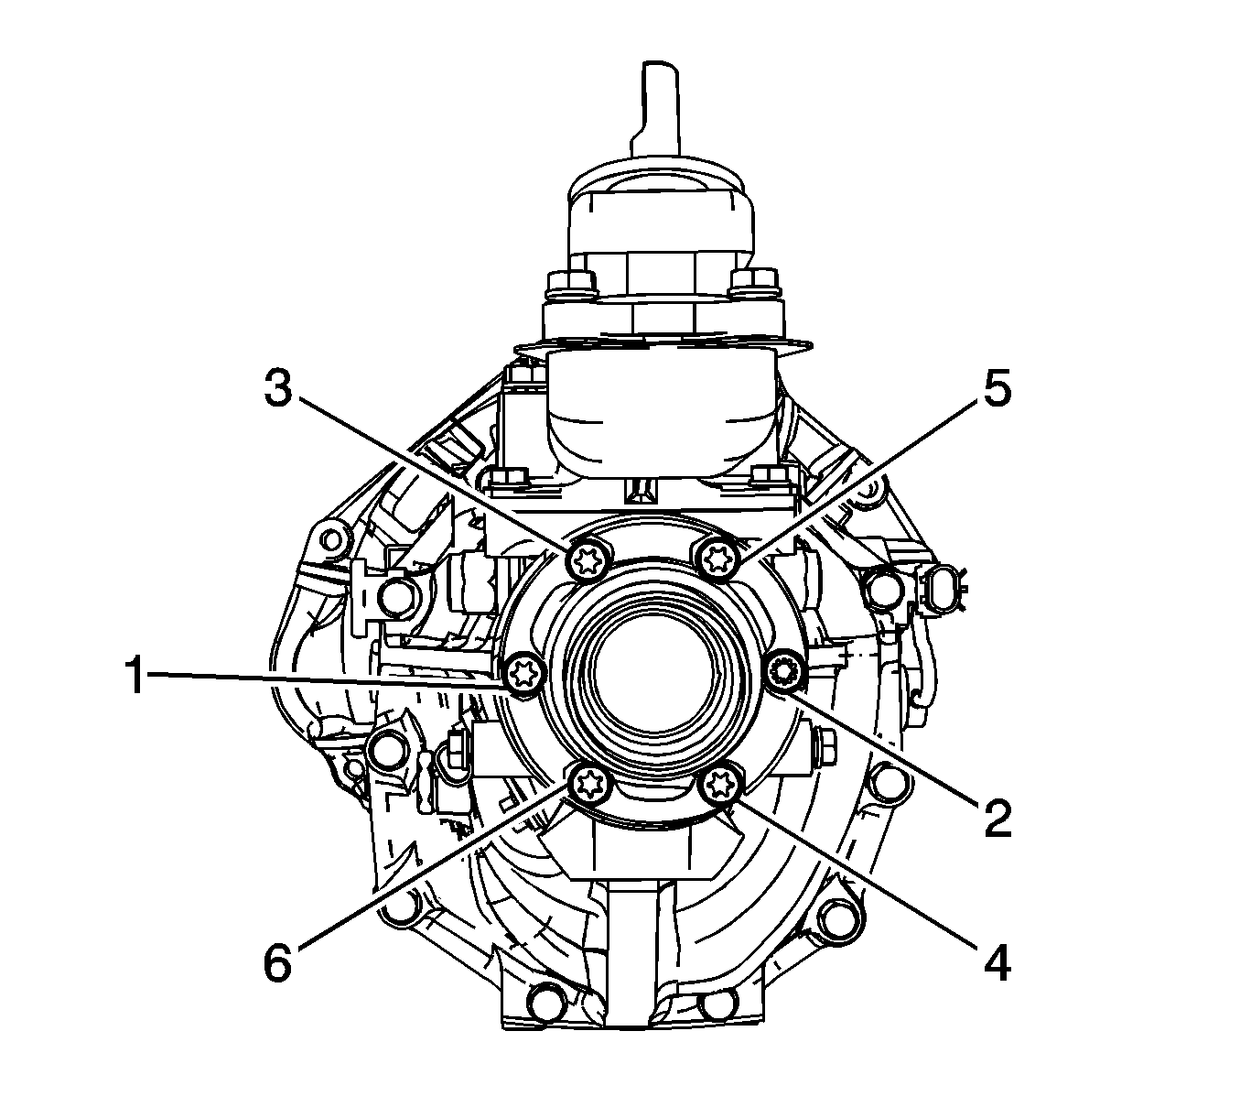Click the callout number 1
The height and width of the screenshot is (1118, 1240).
point(135,676)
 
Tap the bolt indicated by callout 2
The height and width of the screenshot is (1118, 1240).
point(783,669)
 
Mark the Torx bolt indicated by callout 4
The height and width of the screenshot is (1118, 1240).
point(718,785)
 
